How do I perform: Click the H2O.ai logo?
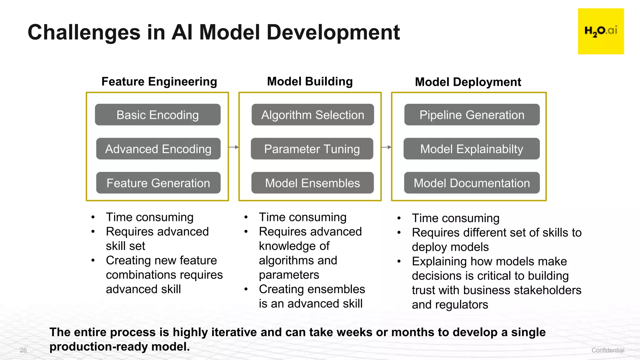tap(601, 31)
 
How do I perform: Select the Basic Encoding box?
tap(157, 115)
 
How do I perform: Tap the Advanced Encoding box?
tap(158, 149)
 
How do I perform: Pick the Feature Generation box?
tap(158, 183)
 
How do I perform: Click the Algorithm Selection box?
tap(312, 115)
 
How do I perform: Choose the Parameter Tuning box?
tap(312, 149)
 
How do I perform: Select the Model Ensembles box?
tap(312, 183)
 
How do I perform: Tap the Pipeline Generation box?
tap(472, 115)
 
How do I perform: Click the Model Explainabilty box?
tap(472, 149)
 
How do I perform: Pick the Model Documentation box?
tap(472, 183)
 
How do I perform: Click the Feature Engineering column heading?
tap(159, 82)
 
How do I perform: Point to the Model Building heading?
tap(310, 82)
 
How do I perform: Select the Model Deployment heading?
tap(468, 82)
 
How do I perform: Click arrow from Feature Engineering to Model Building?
tap(234, 147)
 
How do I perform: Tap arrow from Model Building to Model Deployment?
tap(386, 147)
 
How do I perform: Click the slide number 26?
tap(23, 350)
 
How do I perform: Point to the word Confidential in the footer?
tap(607, 350)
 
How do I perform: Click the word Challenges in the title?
tap(84, 32)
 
